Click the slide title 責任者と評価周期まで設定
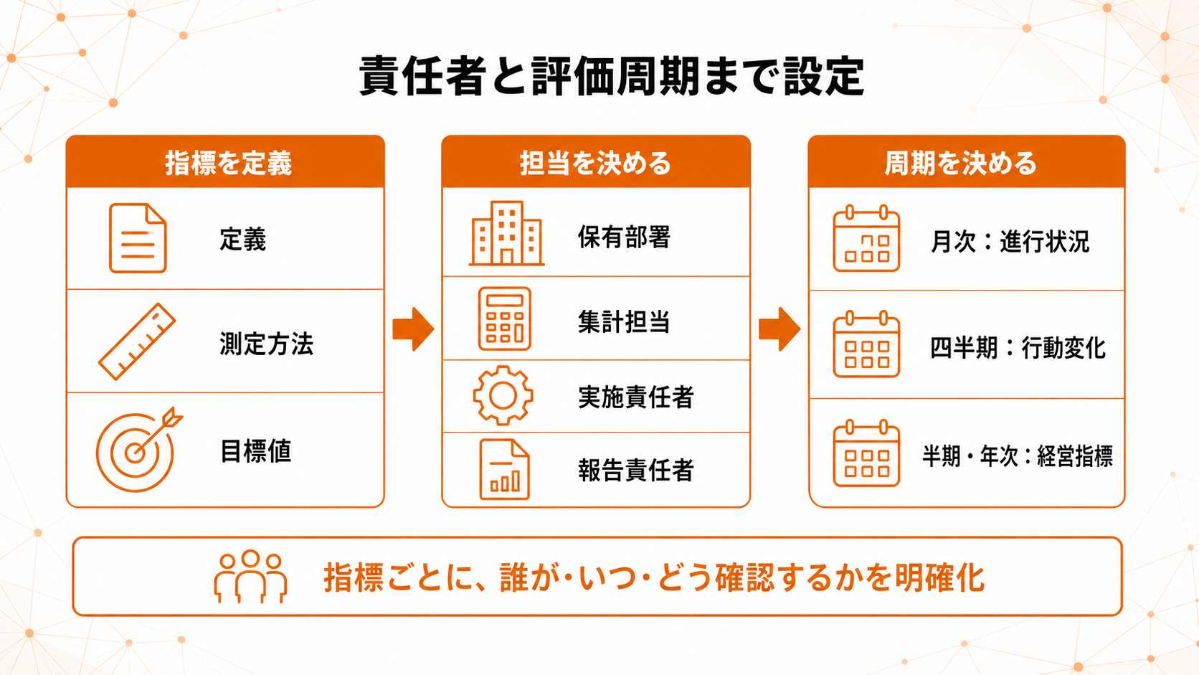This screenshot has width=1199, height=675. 611,76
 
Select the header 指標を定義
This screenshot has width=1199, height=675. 229,164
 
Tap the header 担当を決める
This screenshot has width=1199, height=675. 595,164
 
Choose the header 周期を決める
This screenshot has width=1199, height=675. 960,164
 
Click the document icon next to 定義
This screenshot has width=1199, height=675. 138,238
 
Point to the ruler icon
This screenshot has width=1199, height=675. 137,341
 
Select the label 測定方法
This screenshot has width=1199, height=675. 266,344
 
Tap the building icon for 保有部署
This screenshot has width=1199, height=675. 506,233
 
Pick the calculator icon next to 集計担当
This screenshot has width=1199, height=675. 504,318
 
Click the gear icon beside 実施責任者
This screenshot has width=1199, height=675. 503,395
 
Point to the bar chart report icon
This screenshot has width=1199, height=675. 504,469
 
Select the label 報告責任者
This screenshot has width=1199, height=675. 636,471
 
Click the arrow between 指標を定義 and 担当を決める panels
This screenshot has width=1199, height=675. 412,329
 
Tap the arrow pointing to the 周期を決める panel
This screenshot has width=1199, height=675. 779,329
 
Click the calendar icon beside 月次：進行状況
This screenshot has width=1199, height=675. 866,238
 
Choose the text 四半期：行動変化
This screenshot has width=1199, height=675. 1018,349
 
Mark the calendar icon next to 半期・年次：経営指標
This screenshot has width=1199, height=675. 866,453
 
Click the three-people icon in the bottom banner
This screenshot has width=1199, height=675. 250,577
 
